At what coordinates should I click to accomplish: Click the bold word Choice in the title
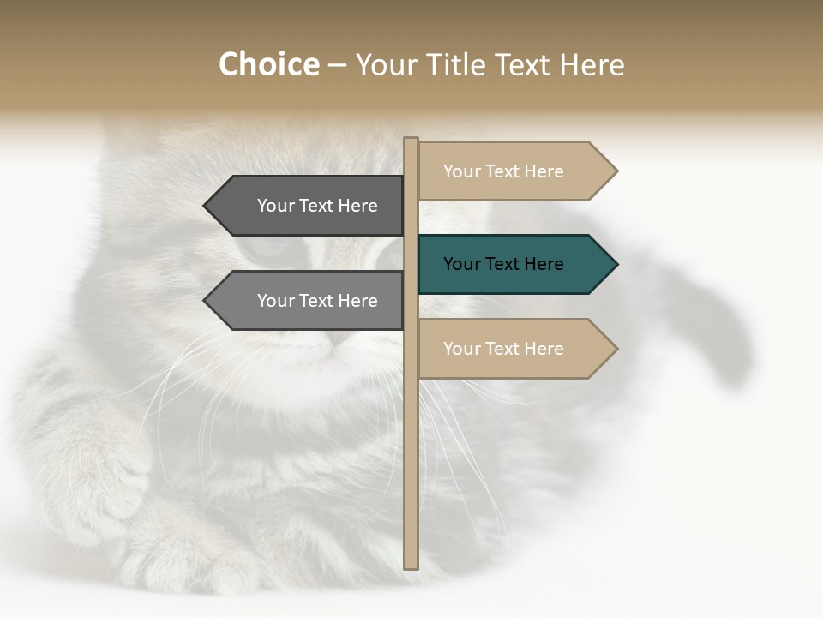tap(268, 65)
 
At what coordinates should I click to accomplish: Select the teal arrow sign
tap(514, 264)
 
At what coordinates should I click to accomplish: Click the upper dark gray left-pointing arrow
tap(309, 206)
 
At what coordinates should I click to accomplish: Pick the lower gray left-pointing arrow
tap(309, 301)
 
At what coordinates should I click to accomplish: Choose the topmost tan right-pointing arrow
tap(514, 171)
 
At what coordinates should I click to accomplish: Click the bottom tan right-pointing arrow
tap(514, 349)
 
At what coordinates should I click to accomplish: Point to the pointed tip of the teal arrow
tap(616, 264)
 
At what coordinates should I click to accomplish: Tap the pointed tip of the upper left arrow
tap(206, 206)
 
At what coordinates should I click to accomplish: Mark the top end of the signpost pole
tap(411, 140)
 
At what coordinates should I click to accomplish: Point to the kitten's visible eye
tap(267, 249)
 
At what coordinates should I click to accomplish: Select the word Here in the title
tap(592, 65)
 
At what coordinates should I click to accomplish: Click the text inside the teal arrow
tap(503, 264)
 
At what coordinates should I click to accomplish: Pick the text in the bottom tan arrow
tap(503, 349)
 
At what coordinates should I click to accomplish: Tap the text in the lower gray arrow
tap(317, 301)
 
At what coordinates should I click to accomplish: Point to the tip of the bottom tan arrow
tap(616, 349)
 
